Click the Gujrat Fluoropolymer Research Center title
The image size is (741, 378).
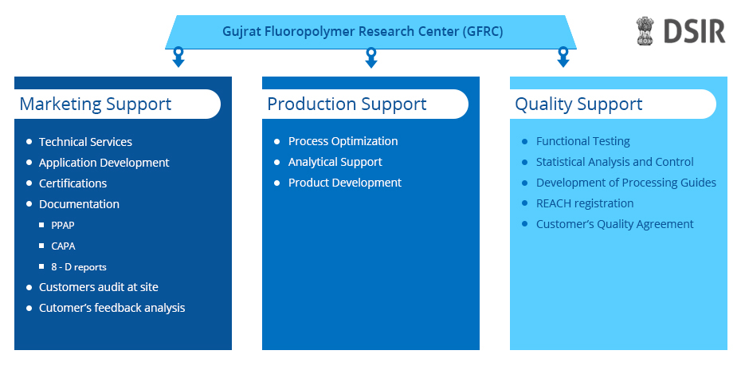tap(363, 32)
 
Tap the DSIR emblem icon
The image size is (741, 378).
tap(645, 31)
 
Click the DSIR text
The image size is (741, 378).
tap(694, 32)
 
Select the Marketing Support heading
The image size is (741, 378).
tap(96, 104)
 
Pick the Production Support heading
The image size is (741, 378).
tap(347, 104)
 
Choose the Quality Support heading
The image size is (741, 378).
tap(578, 104)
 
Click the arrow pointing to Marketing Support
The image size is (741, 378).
tap(178, 57)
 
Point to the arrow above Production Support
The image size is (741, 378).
tap(371, 57)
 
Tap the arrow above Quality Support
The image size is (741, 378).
tap(563, 57)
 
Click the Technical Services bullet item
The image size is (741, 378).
tap(85, 142)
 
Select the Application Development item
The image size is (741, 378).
tap(104, 163)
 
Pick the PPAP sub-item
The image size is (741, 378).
tap(63, 225)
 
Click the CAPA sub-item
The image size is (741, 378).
tap(63, 246)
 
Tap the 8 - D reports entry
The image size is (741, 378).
tap(79, 267)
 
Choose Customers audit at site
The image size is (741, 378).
tap(99, 287)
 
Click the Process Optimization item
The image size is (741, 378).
tap(343, 141)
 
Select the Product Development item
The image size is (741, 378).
tap(345, 183)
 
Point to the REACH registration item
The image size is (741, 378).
tap(585, 203)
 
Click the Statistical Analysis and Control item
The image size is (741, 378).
tap(615, 162)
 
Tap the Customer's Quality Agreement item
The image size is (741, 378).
tap(615, 224)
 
